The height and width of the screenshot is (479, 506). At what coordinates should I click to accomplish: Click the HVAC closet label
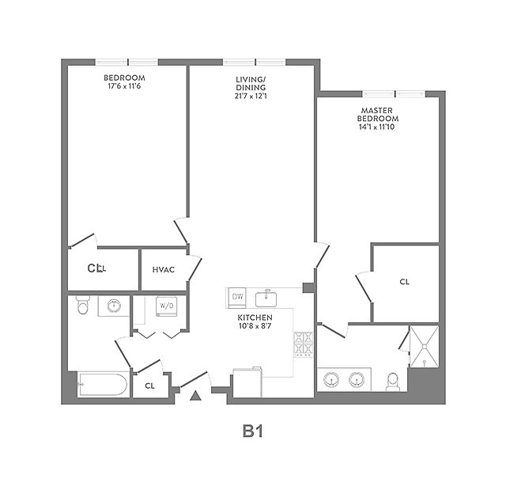pos(163,270)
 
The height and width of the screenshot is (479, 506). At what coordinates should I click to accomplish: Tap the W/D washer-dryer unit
pos(167,306)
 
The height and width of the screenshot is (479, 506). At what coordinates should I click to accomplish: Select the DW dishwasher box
pos(237,297)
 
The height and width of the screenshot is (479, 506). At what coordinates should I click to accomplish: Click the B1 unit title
pos(252,431)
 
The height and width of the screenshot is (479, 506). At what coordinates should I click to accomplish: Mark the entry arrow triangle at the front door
pos(195,394)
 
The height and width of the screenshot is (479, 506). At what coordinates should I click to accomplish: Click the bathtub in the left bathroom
pos(102,386)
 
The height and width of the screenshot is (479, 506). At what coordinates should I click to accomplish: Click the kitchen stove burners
pos(303,344)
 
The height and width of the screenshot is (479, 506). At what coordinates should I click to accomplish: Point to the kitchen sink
pos(269,298)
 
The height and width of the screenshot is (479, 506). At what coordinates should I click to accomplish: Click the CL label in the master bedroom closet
pos(404,282)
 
